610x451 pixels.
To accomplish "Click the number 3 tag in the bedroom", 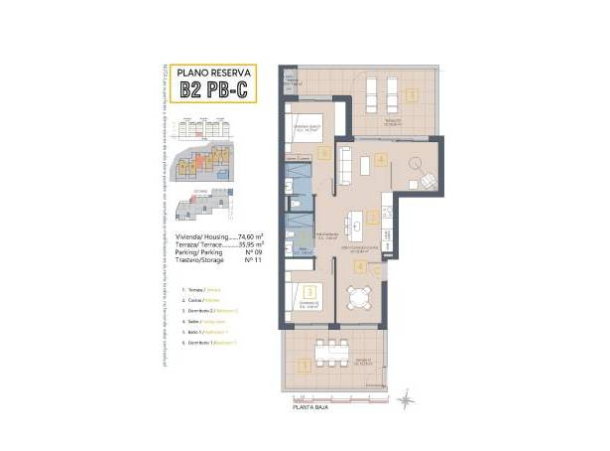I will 310,292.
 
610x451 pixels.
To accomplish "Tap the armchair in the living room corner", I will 427,181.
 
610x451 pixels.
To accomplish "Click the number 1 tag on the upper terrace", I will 411,96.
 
